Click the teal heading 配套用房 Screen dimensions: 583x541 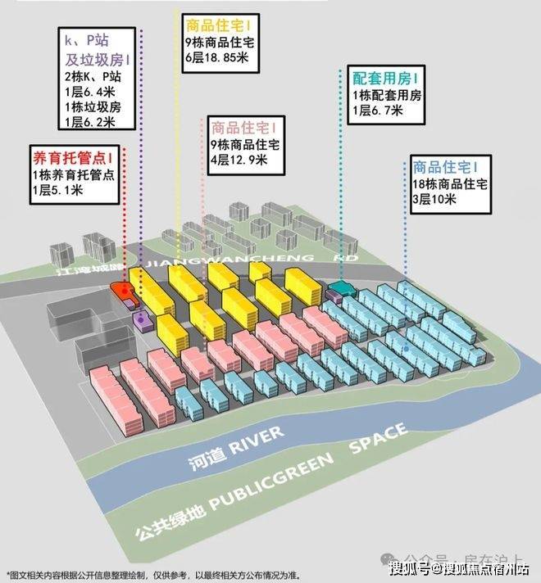[x=384, y=78]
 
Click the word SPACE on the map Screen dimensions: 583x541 [x=378, y=439]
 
